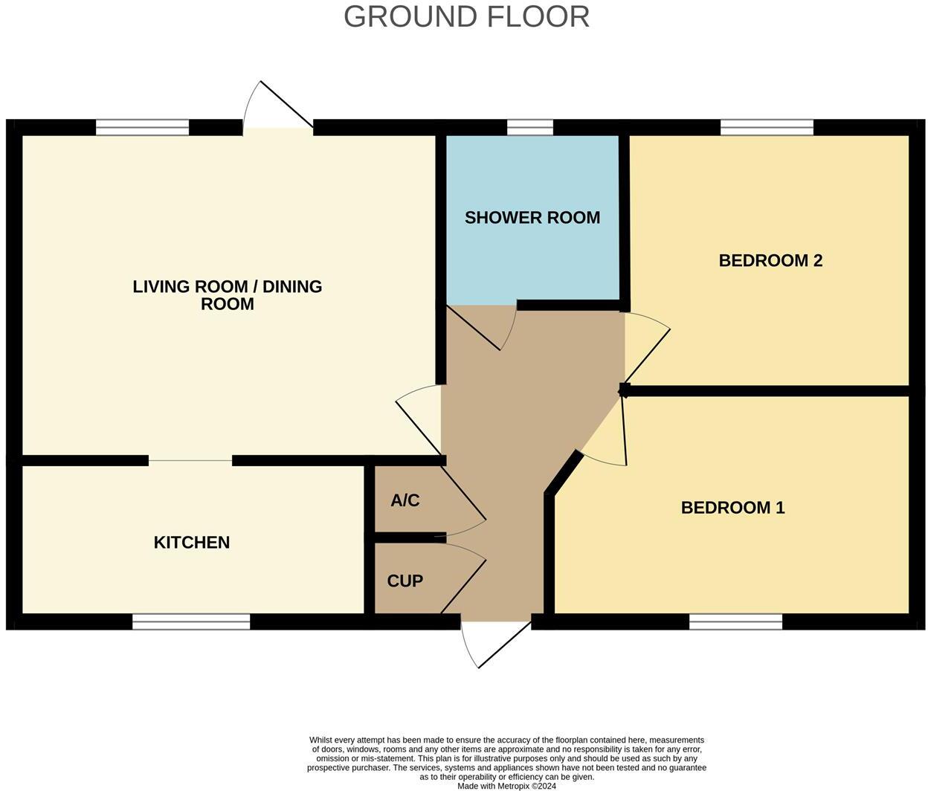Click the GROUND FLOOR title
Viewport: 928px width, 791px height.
(x=466, y=16)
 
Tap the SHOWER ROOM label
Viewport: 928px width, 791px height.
(x=532, y=218)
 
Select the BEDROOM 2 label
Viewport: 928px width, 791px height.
(x=770, y=260)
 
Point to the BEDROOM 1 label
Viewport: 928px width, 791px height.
(x=732, y=508)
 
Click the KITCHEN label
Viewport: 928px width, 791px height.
(x=191, y=543)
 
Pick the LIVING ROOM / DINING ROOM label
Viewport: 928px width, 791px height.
(x=227, y=295)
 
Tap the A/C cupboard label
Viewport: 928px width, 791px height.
(x=405, y=500)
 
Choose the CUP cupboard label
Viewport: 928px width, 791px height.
(x=405, y=581)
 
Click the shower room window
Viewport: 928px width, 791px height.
(x=530, y=128)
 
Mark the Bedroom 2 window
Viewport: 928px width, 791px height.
(x=767, y=128)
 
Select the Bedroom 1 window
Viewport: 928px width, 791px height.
(x=735, y=621)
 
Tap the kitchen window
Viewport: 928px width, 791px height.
(x=191, y=621)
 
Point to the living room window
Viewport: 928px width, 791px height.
(x=143, y=128)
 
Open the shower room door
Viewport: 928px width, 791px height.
(x=483, y=327)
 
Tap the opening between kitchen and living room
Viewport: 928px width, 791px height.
(x=190, y=461)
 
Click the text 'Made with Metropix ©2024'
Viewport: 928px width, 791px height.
(x=506, y=786)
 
